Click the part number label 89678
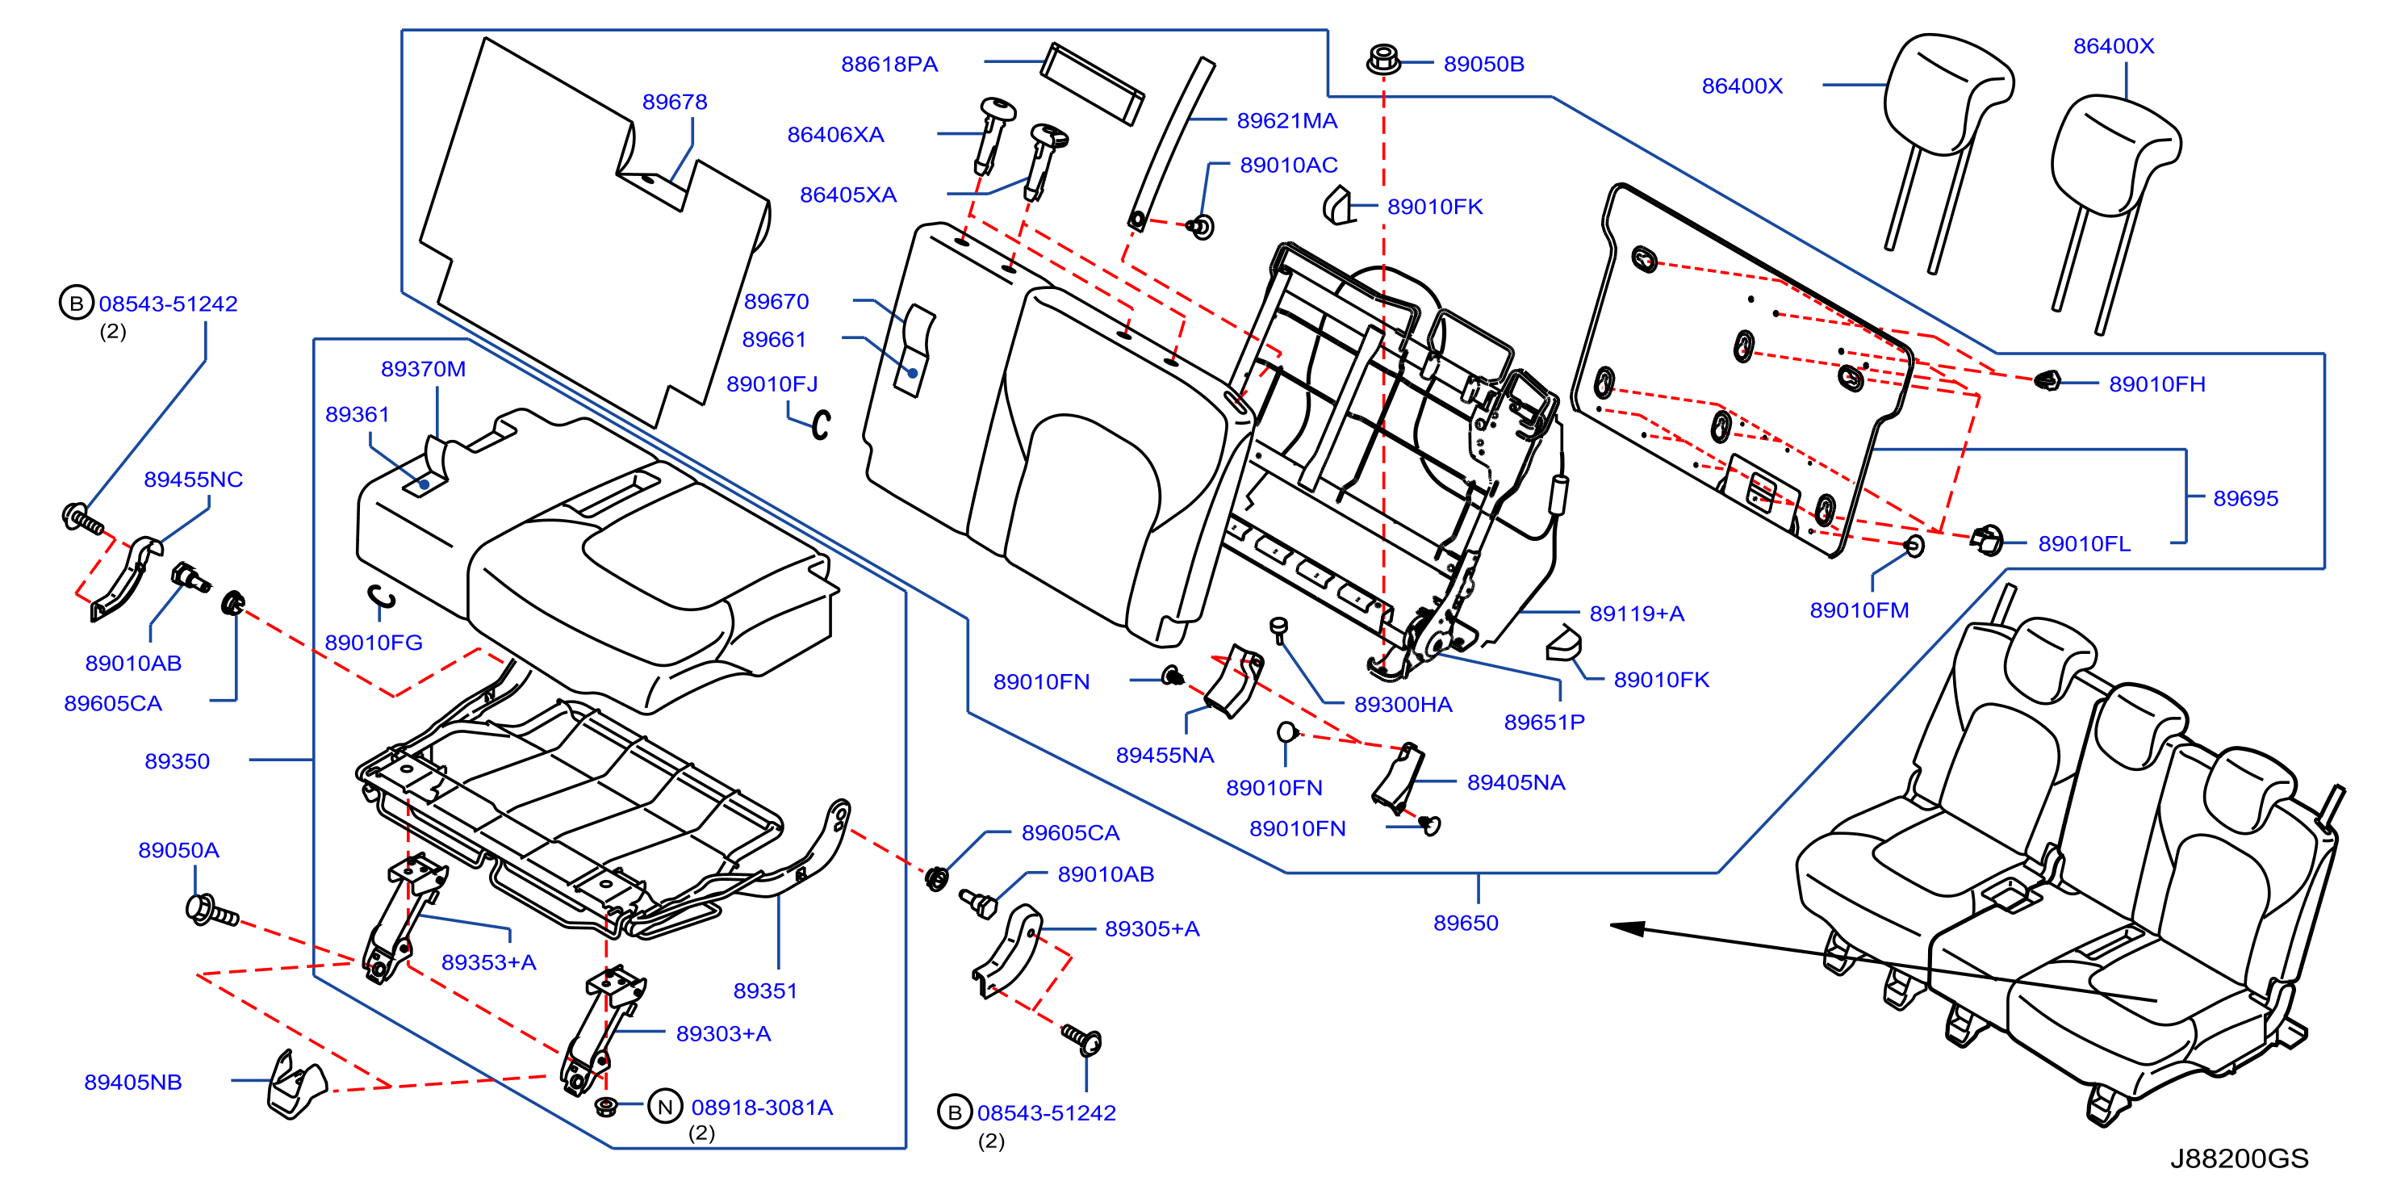click(674, 102)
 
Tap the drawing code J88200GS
click(2239, 1158)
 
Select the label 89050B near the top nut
click(1483, 64)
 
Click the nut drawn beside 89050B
click(1382, 59)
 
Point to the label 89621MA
click(1286, 120)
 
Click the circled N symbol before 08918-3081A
click(665, 1108)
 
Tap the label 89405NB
click(132, 1083)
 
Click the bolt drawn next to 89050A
click(212, 911)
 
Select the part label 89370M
click(423, 369)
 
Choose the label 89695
click(2245, 498)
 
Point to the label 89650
click(1466, 923)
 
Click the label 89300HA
click(1403, 704)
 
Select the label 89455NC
click(193, 479)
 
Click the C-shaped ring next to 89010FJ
click(820, 425)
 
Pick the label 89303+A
click(724, 1033)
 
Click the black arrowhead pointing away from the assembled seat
click(1627, 928)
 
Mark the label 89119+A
click(1637, 614)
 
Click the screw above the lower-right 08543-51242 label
click(1083, 1038)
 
